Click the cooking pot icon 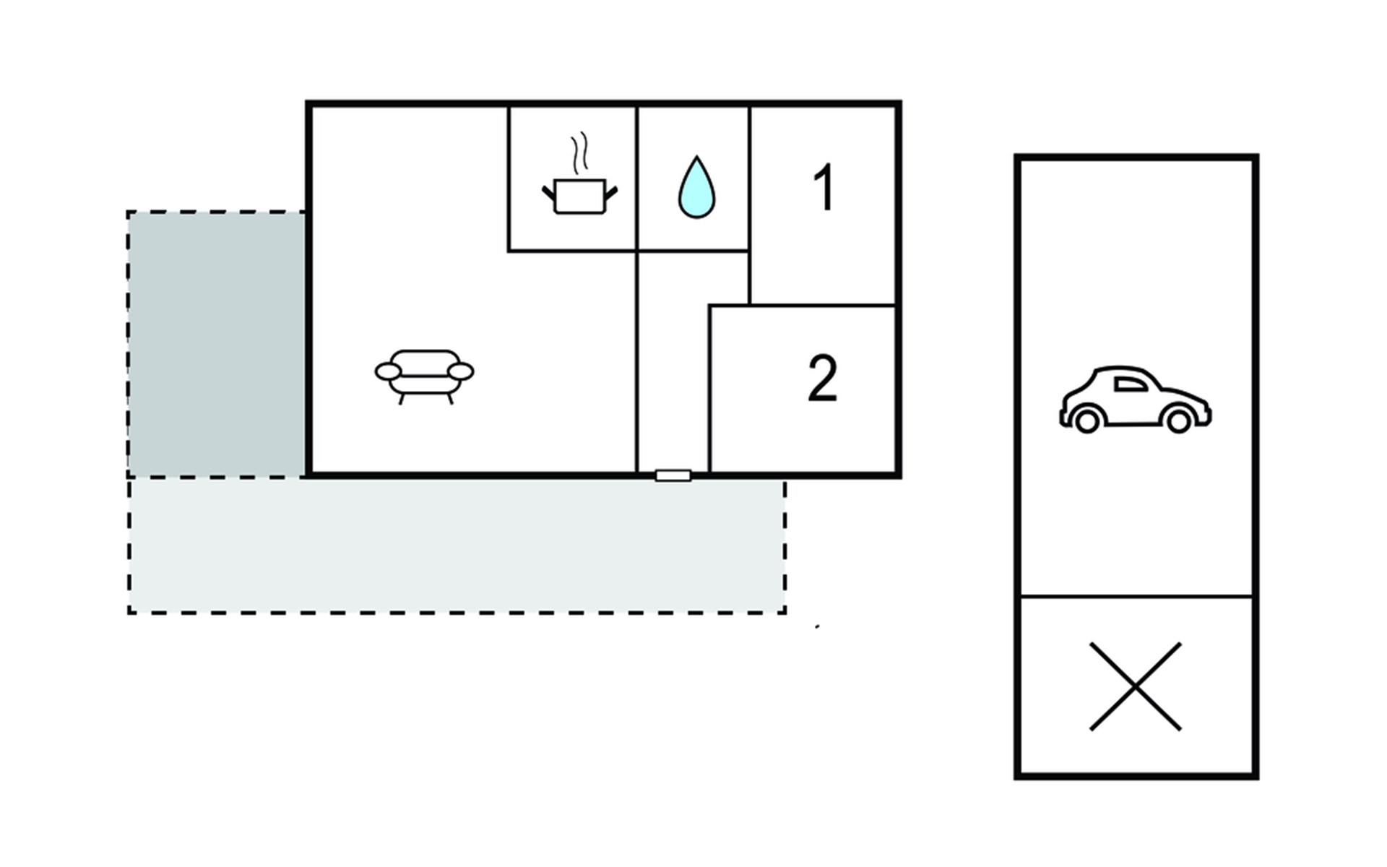pyautogui.click(x=579, y=196)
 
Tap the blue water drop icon pyautogui.click(x=696, y=189)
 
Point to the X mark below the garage pyautogui.click(x=1135, y=686)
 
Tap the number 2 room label pyautogui.click(x=822, y=379)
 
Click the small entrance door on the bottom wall pyautogui.click(x=673, y=475)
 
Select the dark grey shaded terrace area pyautogui.click(x=217, y=344)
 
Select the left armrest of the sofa pyautogui.click(x=388, y=371)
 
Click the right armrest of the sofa pyautogui.click(x=461, y=371)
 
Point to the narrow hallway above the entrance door pyautogui.click(x=672, y=361)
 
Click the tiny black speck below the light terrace pyautogui.click(x=817, y=627)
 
